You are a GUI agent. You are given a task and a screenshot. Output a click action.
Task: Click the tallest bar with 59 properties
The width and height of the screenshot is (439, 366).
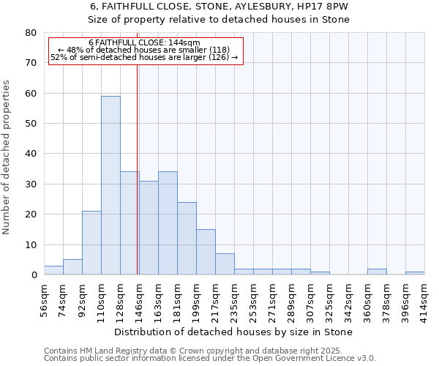pyautogui.click(x=110, y=185)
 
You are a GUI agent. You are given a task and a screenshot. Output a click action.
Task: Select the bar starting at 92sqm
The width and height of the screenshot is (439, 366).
pyautogui.click(x=91, y=243)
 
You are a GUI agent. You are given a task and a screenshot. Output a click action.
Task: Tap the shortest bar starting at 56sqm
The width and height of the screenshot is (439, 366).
pyautogui.click(x=53, y=270)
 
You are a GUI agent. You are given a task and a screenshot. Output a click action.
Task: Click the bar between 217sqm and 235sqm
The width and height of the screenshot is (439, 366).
pyautogui.click(x=225, y=264)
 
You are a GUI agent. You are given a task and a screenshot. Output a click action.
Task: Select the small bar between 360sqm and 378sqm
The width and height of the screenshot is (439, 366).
pyautogui.click(x=377, y=272)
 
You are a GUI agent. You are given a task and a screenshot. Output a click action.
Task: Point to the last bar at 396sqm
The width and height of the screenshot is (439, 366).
pyautogui.click(x=415, y=273)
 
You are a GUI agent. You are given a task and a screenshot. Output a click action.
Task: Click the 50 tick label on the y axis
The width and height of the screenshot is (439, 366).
pyautogui.click(x=31, y=124)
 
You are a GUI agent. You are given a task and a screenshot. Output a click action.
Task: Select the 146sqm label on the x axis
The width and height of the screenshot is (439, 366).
pyautogui.click(x=139, y=299)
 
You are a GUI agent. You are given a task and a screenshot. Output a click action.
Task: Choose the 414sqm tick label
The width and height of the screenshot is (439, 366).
pyautogui.click(x=424, y=299)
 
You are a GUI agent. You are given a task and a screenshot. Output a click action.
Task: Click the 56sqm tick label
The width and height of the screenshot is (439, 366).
pyautogui.click(x=44, y=299)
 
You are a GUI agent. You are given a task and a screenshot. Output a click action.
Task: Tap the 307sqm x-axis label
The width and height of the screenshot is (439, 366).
pyautogui.click(x=310, y=299)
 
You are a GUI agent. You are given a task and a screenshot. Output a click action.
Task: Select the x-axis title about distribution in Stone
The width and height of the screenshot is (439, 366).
pyautogui.click(x=234, y=332)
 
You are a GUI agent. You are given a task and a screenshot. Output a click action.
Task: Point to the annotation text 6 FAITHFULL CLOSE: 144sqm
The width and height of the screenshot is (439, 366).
pyautogui.click(x=144, y=42)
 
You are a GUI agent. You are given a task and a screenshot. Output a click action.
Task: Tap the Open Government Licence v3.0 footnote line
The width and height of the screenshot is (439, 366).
pyautogui.click(x=210, y=359)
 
